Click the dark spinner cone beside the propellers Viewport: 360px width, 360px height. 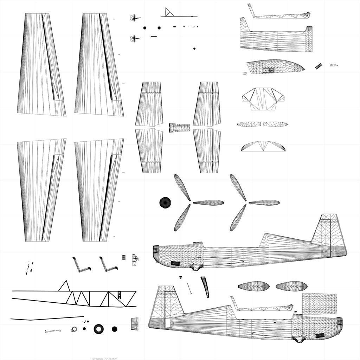165,202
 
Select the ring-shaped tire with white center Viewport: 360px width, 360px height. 99,329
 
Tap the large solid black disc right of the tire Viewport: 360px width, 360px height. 115,329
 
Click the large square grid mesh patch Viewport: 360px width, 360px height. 319,304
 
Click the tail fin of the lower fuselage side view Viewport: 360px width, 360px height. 167,302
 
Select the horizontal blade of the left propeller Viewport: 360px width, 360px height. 208,202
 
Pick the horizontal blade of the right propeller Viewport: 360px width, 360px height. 264,202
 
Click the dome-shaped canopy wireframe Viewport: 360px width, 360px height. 275,66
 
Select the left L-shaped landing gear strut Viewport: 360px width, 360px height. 81,265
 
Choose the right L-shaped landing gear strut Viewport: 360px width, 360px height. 108,265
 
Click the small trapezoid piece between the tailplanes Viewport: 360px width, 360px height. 179,128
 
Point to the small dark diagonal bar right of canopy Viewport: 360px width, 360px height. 319,66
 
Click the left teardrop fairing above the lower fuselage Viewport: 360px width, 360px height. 254,286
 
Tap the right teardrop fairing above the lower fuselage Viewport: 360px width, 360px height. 291,286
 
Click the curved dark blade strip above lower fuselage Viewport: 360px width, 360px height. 205,287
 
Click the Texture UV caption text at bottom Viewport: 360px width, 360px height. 104,358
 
